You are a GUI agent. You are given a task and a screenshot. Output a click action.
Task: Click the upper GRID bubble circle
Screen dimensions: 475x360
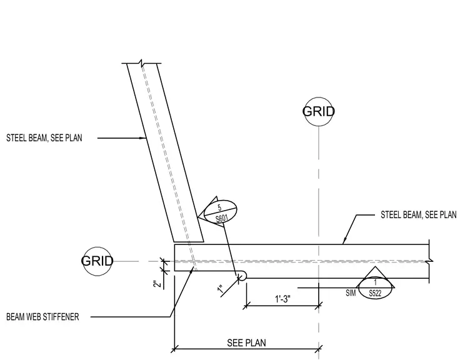click(318, 97)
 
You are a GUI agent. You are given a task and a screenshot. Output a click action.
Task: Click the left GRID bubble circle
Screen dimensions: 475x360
click(97, 247)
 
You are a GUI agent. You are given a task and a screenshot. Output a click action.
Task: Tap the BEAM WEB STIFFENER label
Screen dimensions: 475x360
click(42, 317)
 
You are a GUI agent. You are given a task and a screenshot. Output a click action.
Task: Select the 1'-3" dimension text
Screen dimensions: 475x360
click(282, 299)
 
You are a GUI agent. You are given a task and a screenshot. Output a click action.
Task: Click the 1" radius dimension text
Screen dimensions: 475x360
click(220, 289)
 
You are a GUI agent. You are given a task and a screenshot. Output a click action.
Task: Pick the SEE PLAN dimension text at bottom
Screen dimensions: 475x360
click(247, 343)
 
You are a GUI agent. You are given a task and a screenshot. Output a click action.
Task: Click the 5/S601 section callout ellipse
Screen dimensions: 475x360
click(221, 200)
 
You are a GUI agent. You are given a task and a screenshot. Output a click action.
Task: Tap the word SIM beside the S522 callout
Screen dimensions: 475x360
click(351, 293)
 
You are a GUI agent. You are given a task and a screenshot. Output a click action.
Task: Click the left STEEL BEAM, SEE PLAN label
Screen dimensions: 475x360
click(44, 138)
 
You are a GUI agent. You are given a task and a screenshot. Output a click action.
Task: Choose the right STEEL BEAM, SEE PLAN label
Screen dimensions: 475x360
click(419, 215)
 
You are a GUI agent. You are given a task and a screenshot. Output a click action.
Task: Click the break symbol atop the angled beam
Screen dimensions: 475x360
click(141, 63)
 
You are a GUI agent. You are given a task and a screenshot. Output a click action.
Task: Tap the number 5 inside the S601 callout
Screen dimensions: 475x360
click(219, 208)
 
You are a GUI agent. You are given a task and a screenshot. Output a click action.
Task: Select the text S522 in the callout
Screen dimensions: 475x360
click(375, 293)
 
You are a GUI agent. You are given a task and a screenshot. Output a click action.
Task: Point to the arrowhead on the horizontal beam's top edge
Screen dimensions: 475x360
click(344, 241)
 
